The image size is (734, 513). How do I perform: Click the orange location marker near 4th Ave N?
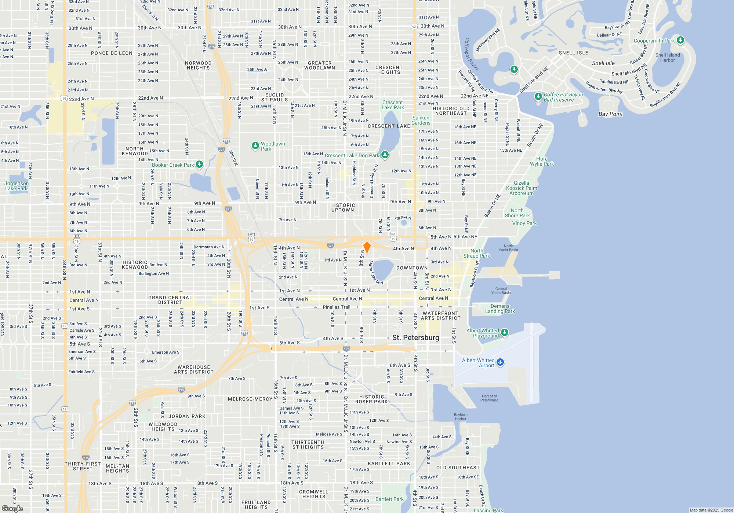coord(367,247)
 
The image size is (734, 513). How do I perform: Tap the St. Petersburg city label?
coord(415,337)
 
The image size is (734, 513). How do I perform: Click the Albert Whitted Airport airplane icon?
coord(500,362)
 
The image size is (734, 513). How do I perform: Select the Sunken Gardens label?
coord(421,120)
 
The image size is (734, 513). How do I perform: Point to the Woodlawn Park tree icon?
coord(255,146)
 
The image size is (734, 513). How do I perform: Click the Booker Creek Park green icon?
coord(199,165)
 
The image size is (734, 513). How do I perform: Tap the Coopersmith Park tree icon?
coord(680,40)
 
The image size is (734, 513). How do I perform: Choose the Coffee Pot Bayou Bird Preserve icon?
coord(538,97)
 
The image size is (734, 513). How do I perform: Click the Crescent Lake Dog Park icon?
coord(385,155)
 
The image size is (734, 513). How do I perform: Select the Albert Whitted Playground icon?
coord(505,332)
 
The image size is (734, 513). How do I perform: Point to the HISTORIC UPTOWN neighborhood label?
coord(342,208)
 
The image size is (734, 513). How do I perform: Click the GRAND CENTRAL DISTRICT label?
coord(170,300)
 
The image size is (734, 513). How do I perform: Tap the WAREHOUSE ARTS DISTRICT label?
coord(193,369)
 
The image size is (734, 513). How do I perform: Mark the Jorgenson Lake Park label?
coord(17,186)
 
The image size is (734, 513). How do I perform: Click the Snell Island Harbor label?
coord(668,58)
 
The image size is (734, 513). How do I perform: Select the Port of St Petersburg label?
coord(489,398)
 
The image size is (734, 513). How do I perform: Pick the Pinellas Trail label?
coord(336,307)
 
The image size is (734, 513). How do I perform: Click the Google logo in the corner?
coord(12,509)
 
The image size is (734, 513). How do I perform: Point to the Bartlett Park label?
coord(389,499)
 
